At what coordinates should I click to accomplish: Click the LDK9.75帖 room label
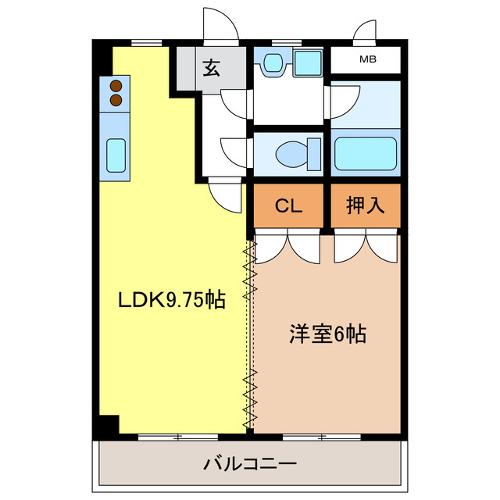171,299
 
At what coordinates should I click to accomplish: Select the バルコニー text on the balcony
250,464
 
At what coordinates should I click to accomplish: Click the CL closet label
287,206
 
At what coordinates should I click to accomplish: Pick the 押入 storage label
366,206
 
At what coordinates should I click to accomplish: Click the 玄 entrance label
211,69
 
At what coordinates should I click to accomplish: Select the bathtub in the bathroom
366,153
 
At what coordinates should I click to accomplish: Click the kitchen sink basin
116,155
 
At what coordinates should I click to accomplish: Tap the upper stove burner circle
116,86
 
